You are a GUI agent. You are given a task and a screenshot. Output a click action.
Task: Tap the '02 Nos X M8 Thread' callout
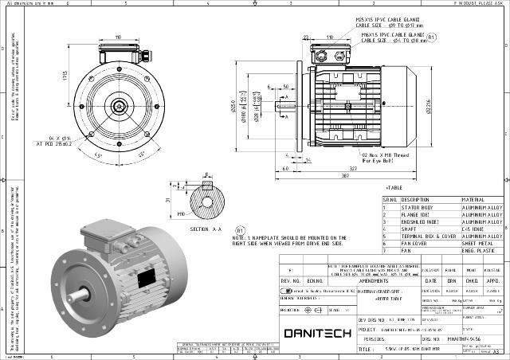[x=386, y=155]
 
